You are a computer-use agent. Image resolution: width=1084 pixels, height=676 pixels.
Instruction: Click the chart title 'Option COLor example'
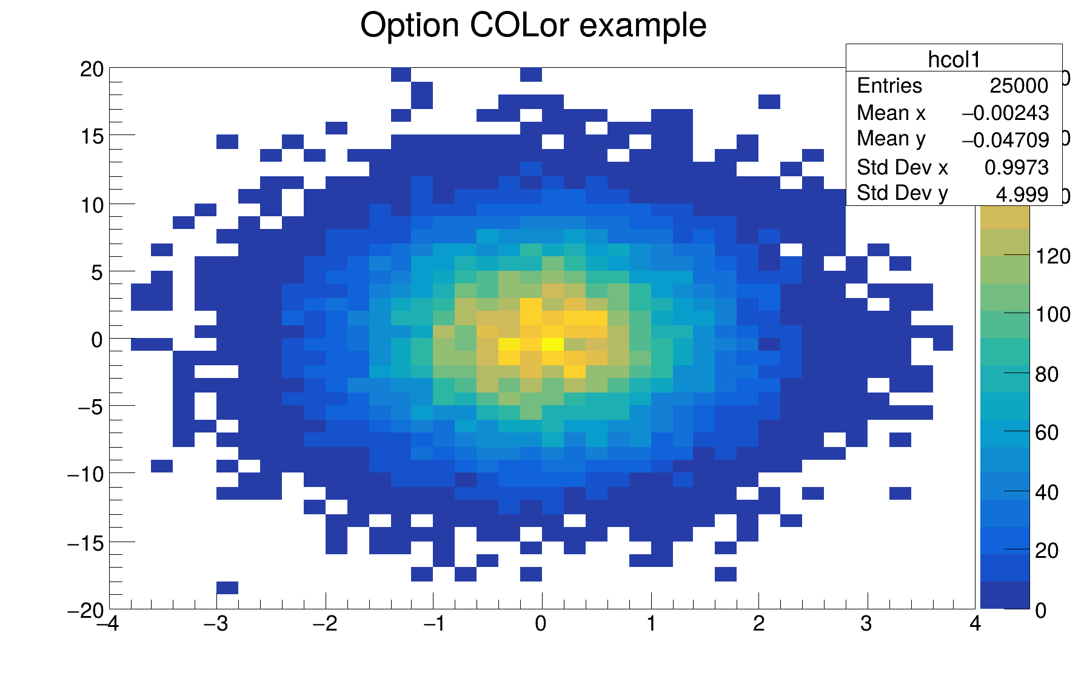(533, 25)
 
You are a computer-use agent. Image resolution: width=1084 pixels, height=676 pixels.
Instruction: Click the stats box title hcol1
(954, 59)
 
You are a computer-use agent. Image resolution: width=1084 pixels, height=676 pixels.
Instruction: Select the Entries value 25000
(1019, 86)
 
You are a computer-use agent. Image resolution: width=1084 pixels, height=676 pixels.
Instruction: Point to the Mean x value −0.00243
(1005, 113)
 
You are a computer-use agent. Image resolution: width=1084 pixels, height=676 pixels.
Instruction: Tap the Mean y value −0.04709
(1005, 140)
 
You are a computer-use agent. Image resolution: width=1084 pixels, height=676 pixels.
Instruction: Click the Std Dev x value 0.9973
(1016, 167)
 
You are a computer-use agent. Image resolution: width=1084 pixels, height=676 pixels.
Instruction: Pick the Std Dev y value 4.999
(1022, 194)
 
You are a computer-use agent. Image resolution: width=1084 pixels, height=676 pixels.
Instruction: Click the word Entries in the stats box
(889, 86)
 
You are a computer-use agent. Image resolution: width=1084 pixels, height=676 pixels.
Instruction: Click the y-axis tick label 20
(92, 69)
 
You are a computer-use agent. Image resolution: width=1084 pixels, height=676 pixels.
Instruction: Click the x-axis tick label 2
(758, 624)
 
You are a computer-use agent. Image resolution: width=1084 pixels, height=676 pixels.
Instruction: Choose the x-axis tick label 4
(975, 624)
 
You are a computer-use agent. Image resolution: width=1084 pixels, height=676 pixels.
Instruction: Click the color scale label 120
(1052, 257)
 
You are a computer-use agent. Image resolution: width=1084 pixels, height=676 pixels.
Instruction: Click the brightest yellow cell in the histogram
(552, 344)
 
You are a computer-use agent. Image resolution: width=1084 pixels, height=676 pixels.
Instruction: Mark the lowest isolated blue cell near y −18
(227, 588)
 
